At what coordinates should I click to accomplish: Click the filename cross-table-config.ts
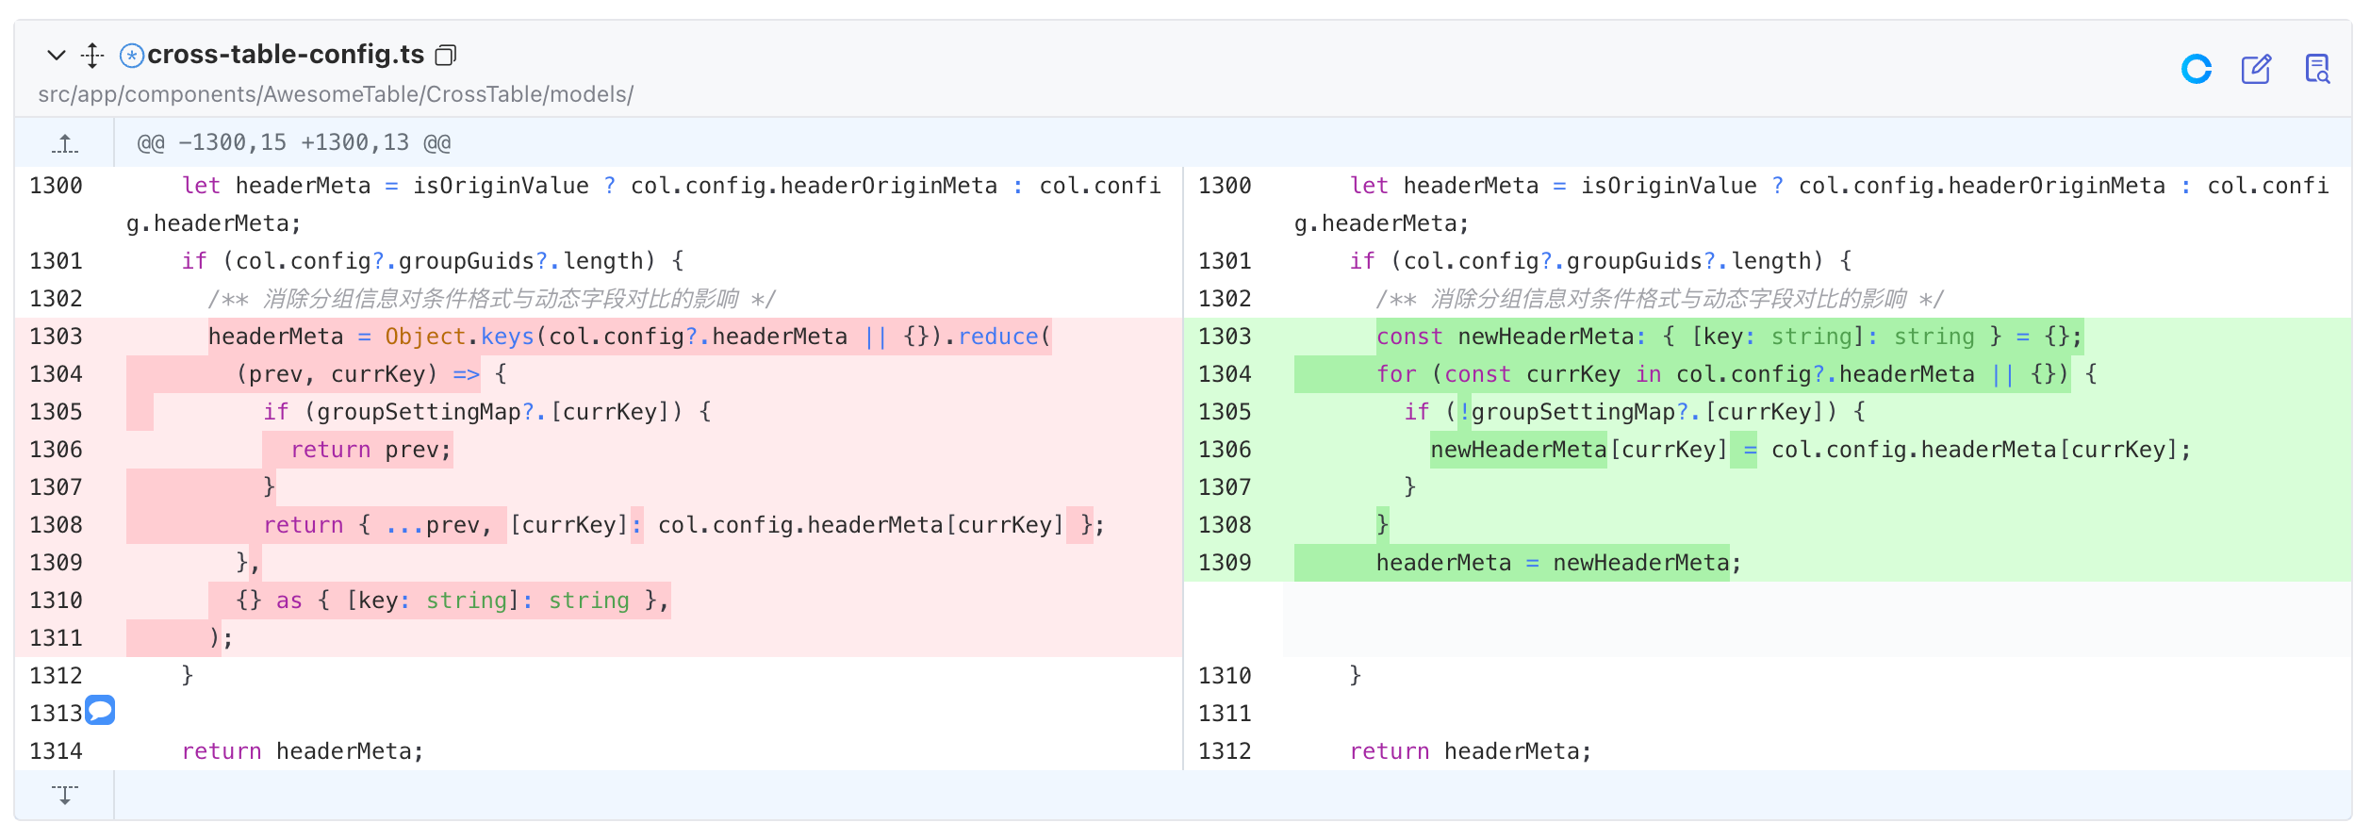(286, 55)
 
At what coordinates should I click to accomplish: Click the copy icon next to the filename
(446, 56)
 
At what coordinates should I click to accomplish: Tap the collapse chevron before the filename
(57, 55)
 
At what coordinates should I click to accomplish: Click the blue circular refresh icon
(2197, 69)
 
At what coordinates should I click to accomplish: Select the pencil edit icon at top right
(2256, 69)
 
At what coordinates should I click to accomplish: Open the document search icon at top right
(2317, 69)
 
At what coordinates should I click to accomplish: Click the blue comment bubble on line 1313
(100, 710)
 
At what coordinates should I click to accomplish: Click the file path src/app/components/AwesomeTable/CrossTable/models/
(336, 94)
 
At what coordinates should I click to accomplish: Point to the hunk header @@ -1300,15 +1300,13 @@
(294, 142)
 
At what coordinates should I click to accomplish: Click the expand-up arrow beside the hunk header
(65, 143)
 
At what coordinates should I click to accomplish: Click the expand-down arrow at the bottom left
(65, 795)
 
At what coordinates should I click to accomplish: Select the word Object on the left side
(425, 337)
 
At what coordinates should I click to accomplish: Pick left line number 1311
(57, 638)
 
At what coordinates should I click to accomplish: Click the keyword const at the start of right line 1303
(1409, 337)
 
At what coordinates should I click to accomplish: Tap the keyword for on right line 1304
(1396, 374)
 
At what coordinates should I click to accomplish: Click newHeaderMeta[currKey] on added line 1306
(1579, 450)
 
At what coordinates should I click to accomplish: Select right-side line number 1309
(1225, 563)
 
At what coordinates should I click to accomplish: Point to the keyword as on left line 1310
(289, 600)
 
